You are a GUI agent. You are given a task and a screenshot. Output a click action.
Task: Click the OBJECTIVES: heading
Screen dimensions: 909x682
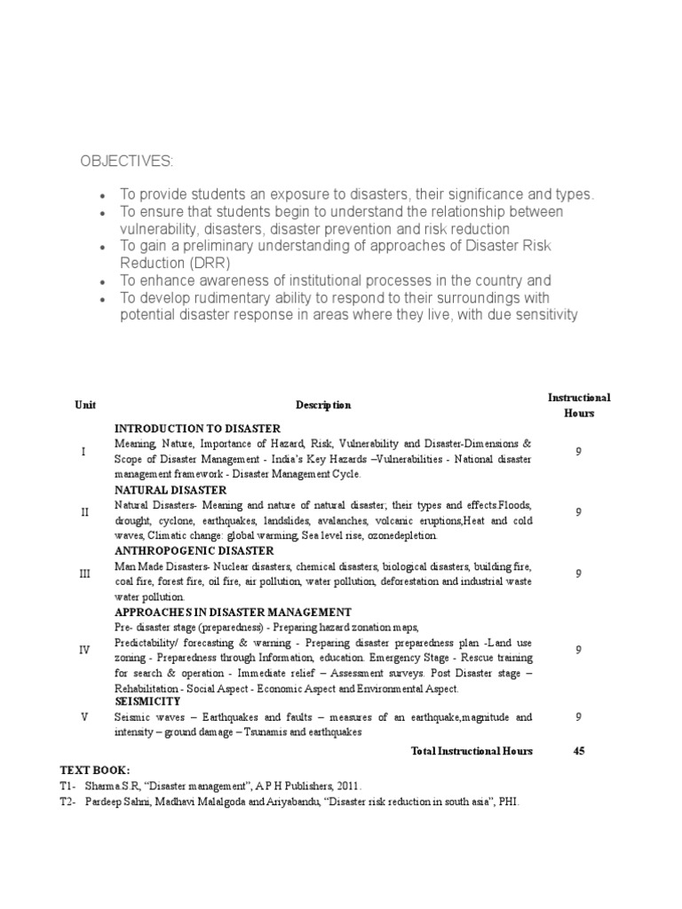(127, 161)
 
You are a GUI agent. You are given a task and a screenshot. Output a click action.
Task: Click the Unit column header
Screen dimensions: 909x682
(85, 405)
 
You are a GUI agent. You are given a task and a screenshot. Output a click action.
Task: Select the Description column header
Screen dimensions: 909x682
(323, 405)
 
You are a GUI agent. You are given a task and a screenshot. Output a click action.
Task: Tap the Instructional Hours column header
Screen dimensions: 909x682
(579, 405)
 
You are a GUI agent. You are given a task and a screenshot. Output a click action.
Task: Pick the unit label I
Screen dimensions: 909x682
(83, 452)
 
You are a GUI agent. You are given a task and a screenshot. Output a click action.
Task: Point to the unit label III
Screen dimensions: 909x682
(84, 574)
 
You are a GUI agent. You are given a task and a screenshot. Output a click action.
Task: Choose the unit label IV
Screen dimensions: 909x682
(84, 650)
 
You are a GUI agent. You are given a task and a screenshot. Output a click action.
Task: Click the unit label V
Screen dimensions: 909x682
(84, 717)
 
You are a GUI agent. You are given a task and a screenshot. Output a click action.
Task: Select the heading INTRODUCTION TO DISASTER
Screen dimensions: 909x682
(197, 429)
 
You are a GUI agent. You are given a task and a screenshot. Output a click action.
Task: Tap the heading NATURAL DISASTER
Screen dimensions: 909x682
(170, 490)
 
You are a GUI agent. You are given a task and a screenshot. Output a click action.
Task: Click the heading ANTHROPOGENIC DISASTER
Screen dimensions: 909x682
(194, 551)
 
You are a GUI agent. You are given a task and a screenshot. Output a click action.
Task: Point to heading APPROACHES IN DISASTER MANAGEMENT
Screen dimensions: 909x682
(233, 613)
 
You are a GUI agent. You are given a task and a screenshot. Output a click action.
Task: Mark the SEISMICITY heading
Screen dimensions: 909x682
(147, 701)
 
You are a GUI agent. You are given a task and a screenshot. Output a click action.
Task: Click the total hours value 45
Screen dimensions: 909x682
(579, 751)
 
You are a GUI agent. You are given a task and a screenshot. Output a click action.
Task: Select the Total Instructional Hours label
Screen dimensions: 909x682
(472, 751)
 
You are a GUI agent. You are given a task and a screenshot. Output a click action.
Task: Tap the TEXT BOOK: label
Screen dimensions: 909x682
(95, 770)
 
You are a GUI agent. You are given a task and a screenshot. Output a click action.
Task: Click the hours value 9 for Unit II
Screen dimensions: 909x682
(579, 512)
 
